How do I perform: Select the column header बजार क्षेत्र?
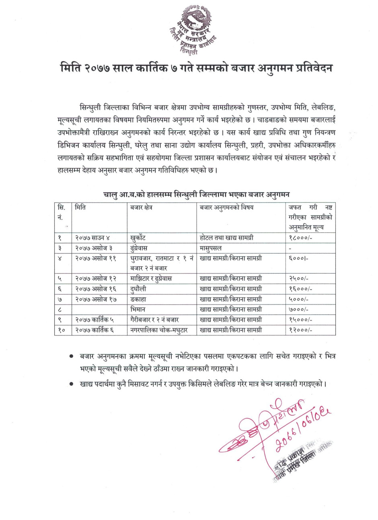point(141,208)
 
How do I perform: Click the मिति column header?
point(80,208)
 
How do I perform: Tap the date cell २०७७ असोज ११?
point(94,258)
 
